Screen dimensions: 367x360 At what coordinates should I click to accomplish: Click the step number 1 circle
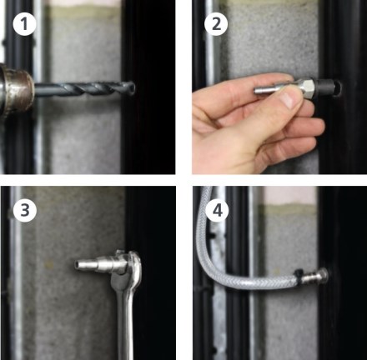pos(24,24)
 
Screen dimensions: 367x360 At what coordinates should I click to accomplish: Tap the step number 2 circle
pos(216,24)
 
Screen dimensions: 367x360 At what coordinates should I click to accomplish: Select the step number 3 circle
pos(24,210)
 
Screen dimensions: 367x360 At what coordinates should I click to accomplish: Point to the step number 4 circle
pos(218,211)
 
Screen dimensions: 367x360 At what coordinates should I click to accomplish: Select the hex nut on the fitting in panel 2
pos(308,86)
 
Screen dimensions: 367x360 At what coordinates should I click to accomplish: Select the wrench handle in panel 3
pos(124,323)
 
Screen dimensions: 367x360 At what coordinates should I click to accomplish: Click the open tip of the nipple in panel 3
pos(76,264)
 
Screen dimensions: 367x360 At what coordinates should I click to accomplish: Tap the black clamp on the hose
pos(298,276)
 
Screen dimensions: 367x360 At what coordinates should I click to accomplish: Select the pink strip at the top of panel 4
pos(289,195)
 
